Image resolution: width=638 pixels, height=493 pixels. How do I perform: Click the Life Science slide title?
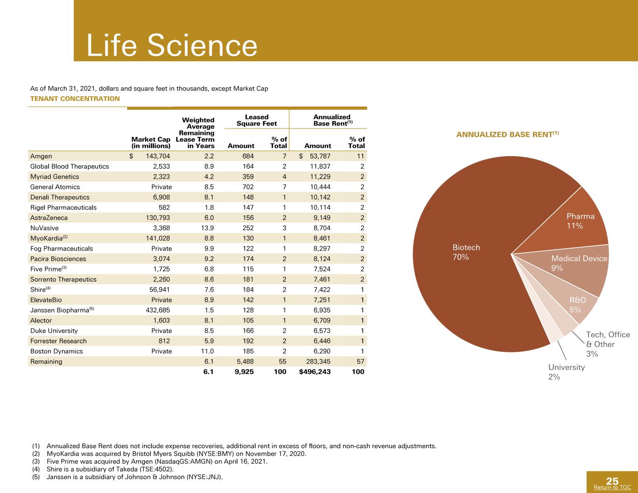coord(172,45)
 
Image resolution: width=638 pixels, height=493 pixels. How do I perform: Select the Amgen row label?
coord(41,156)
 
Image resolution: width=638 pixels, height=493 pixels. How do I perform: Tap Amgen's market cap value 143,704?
coord(158,156)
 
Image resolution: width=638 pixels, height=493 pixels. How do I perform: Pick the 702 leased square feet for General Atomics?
coord(248,187)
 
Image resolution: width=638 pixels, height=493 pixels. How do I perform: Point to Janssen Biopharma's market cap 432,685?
coord(158,310)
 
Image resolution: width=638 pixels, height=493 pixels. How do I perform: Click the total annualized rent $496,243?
coord(315,372)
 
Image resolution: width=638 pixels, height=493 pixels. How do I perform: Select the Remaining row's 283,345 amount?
coord(318,362)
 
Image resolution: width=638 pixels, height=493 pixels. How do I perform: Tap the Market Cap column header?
coord(151,143)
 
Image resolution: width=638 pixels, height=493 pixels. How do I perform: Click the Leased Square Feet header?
coord(257,120)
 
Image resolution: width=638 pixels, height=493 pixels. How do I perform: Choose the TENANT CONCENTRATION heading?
coord(75,99)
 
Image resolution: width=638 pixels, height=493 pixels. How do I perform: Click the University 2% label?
coord(566,372)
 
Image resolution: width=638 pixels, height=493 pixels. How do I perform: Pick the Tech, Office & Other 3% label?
coord(608,344)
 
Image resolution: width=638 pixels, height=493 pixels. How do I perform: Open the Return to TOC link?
coord(612,487)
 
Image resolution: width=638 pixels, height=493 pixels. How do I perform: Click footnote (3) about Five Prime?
coord(150,462)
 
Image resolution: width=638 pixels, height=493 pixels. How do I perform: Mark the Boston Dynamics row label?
coord(57,351)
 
